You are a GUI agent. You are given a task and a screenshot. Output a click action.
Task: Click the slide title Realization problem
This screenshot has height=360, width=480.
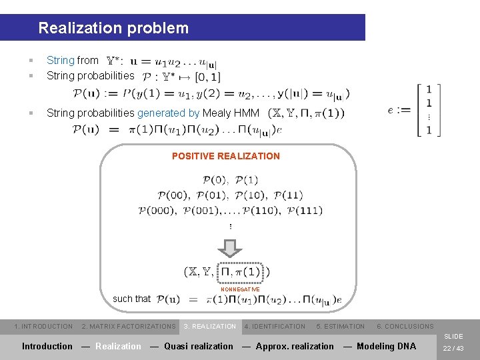tap(113, 28)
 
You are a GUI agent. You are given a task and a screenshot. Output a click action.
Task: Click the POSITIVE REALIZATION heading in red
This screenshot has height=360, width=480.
tap(226, 156)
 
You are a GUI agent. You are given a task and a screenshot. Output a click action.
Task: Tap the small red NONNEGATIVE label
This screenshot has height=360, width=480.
tap(240, 289)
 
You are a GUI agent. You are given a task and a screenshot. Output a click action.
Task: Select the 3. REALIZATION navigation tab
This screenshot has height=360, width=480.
tap(210, 327)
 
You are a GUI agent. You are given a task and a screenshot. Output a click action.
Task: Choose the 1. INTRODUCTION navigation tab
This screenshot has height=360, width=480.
tap(43, 327)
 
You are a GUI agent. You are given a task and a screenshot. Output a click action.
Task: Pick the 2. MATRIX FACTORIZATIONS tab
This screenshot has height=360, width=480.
tap(129, 327)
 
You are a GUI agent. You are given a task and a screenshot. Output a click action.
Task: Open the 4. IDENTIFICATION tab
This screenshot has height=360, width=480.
tap(275, 327)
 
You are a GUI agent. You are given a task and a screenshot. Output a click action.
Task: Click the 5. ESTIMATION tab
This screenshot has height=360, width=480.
tap(340, 327)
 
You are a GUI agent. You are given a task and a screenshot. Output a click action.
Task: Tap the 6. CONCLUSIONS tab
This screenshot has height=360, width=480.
tap(405, 327)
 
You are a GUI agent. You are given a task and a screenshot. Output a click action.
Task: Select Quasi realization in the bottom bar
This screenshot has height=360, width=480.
tap(199, 346)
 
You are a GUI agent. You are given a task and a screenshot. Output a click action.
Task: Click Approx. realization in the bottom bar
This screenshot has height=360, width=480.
tap(295, 346)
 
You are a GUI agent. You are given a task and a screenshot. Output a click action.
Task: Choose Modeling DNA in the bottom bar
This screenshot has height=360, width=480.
tap(386, 346)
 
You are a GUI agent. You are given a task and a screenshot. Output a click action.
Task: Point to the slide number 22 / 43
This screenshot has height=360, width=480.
tap(453, 347)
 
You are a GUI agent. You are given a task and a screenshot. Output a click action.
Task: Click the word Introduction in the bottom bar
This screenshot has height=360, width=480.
tap(47, 346)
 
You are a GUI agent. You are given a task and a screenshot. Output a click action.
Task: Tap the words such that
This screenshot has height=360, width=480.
tap(132, 299)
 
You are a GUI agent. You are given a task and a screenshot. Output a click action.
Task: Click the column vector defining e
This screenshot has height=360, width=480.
tap(428, 110)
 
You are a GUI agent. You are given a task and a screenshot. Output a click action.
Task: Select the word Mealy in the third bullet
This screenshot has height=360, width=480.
tap(215, 113)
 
